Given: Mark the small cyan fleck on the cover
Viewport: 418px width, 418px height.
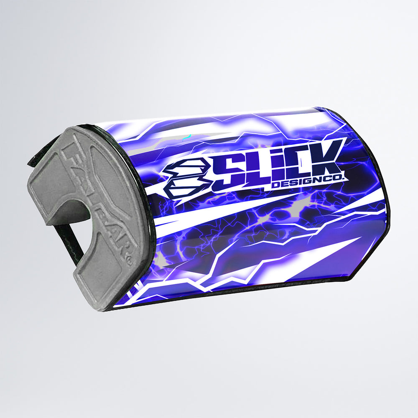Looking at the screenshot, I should tap(189, 136).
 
